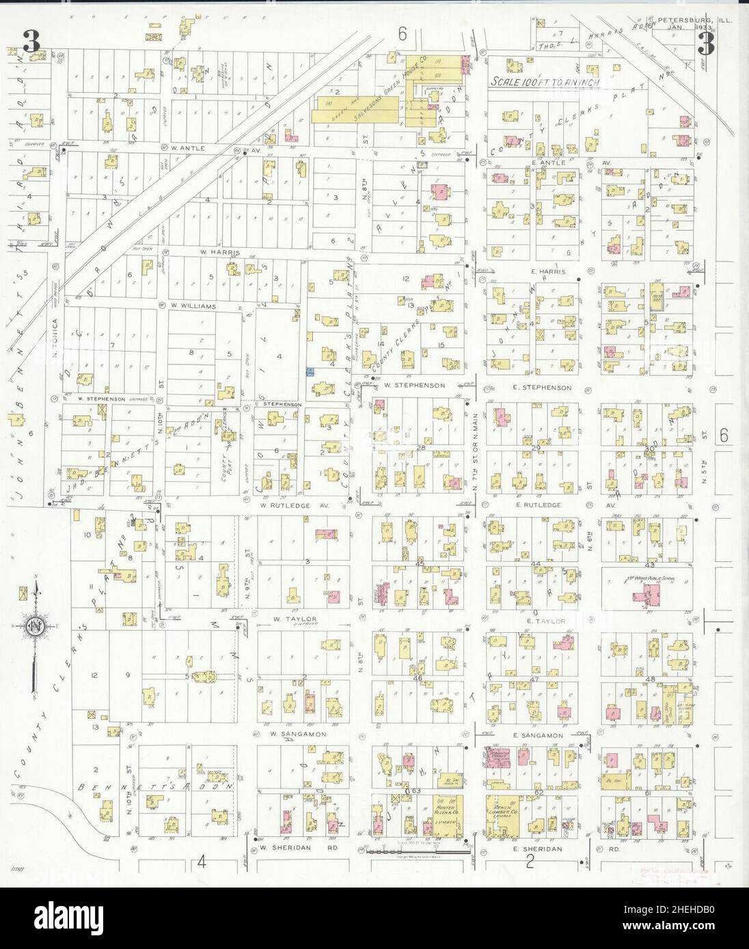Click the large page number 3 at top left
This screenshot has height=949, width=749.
point(31,42)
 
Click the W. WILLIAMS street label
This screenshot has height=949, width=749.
point(193,307)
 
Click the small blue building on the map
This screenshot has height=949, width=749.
point(310,371)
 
